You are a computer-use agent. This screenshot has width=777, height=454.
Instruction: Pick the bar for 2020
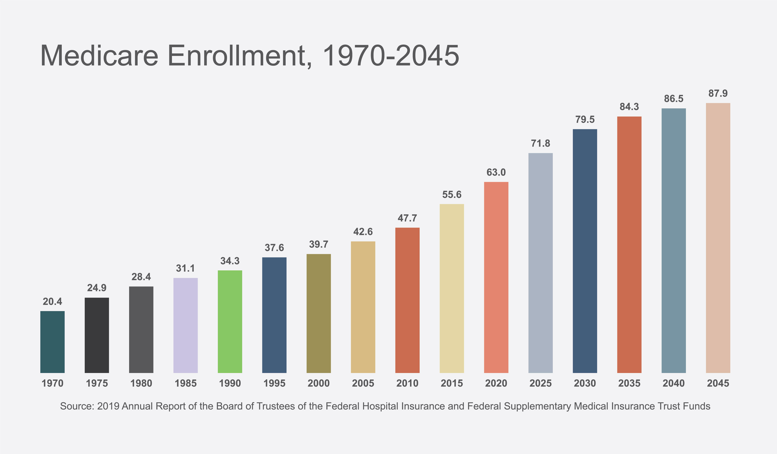pyautogui.click(x=496, y=277)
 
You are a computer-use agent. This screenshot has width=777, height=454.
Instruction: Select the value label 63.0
pyautogui.click(x=496, y=172)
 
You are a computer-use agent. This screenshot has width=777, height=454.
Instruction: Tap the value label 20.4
pyautogui.click(x=52, y=301)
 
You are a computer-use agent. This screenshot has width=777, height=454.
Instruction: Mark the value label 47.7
pyautogui.click(x=407, y=218)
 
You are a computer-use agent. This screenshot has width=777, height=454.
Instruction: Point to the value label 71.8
pyautogui.click(x=541, y=143)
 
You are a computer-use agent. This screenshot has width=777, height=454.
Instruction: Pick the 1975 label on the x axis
pyautogui.click(x=97, y=383)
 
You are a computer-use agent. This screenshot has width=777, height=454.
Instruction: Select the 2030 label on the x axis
pyautogui.click(x=585, y=383)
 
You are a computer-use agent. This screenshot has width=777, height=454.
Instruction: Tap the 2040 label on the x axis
pyautogui.click(x=674, y=383)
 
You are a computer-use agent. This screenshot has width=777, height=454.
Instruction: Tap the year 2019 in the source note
pyautogui.click(x=108, y=406)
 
